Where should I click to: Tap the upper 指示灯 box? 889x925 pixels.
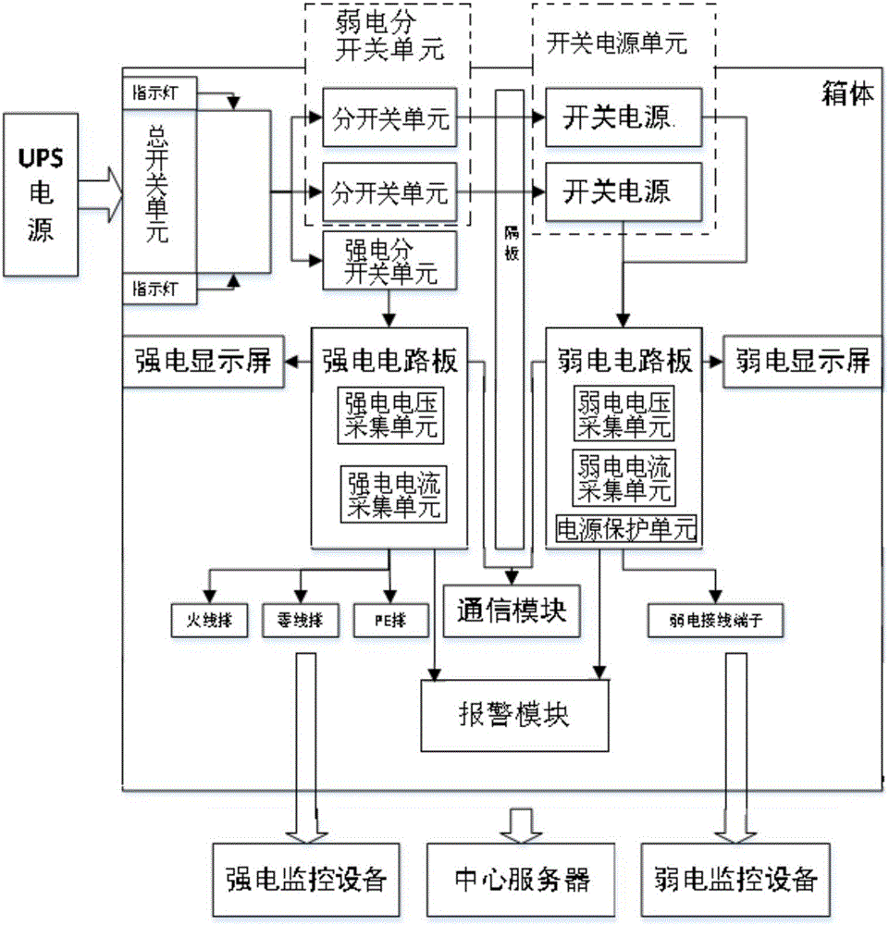point(158,95)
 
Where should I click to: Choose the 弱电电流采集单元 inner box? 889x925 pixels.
point(624,476)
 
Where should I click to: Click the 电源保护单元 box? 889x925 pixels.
point(624,529)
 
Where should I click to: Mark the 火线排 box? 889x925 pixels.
point(209,620)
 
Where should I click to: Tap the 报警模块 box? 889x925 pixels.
point(515,715)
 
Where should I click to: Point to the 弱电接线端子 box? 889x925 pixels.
point(717,621)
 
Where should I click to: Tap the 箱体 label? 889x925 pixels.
point(846,93)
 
